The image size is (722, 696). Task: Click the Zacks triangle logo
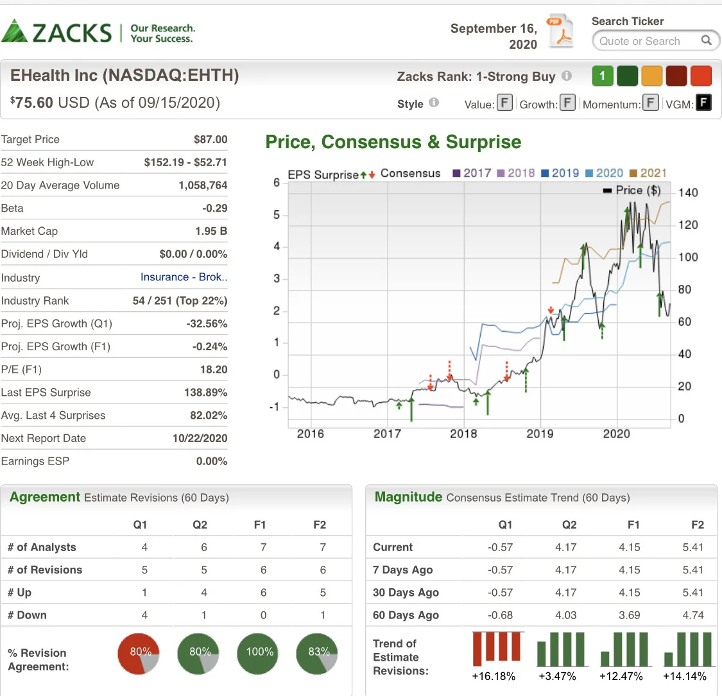click(x=14, y=31)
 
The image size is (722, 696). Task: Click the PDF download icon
click(x=560, y=31)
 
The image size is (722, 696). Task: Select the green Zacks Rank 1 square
click(x=603, y=76)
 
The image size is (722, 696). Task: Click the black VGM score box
click(x=703, y=103)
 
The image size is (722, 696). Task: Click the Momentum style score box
click(x=650, y=103)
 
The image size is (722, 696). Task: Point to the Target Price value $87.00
click(x=211, y=139)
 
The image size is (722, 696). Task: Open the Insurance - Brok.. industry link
click(x=184, y=277)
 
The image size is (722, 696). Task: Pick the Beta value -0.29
click(x=214, y=208)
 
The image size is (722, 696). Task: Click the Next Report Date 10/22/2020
click(x=200, y=438)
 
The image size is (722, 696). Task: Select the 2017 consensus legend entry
click(x=472, y=173)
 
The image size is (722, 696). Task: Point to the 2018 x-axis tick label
click(x=463, y=434)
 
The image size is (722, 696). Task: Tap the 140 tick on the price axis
click(x=688, y=192)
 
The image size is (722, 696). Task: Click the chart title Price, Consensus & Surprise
click(x=393, y=142)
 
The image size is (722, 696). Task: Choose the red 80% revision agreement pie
click(x=139, y=654)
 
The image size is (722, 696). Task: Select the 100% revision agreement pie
click(x=257, y=654)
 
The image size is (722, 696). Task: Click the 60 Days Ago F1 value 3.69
click(x=630, y=615)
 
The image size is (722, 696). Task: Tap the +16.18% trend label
click(x=494, y=676)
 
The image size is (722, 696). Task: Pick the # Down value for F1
click(x=263, y=615)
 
